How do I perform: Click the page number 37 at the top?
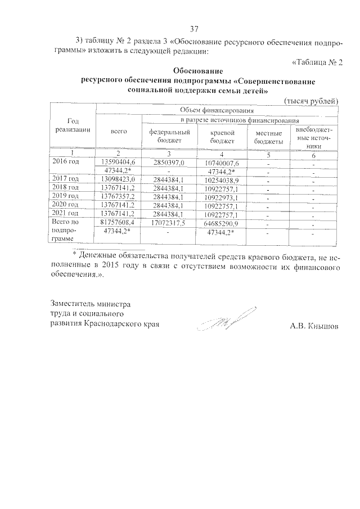click(x=194, y=29)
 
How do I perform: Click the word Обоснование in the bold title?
click(x=198, y=71)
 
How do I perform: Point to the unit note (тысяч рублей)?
click(x=310, y=101)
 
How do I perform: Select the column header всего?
click(x=118, y=131)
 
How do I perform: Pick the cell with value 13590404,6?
click(x=118, y=162)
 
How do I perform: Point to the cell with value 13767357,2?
click(x=118, y=196)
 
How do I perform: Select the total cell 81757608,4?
click(x=118, y=222)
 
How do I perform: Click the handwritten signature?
click(x=228, y=319)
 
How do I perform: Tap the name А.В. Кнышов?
click(x=314, y=326)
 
